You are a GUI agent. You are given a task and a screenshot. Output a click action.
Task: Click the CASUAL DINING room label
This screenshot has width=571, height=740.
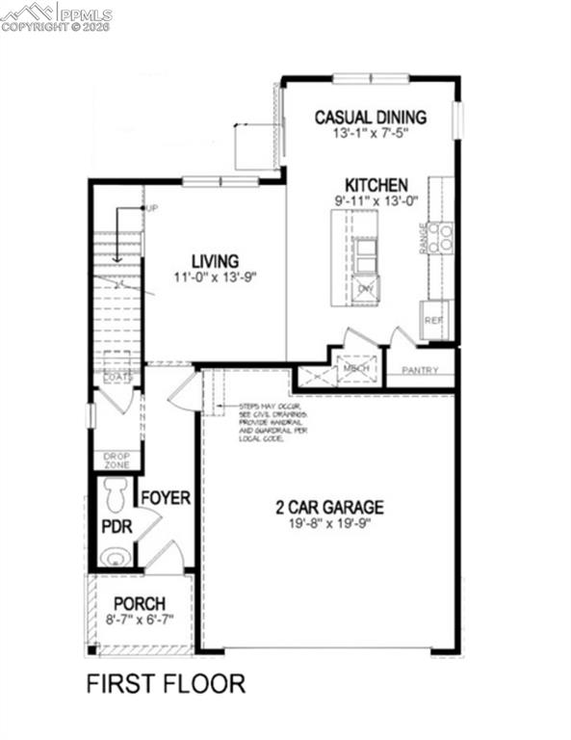pyautogui.click(x=370, y=118)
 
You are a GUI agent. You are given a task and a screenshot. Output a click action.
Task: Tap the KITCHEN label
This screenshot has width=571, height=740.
pyautogui.click(x=376, y=185)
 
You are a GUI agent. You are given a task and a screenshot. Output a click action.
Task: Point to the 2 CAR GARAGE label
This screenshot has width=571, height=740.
pyautogui.click(x=330, y=507)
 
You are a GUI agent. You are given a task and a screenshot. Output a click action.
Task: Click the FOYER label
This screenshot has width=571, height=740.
pyautogui.click(x=166, y=498)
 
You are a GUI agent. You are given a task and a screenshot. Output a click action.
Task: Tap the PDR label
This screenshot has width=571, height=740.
pyautogui.click(x=116, y=527)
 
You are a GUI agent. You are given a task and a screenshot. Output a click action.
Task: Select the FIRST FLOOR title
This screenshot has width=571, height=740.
pyautogui.click(x=166, y=684)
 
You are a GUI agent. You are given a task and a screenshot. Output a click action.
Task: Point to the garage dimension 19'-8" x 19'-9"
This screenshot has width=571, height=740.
pyautogui.click(x=330, y=524)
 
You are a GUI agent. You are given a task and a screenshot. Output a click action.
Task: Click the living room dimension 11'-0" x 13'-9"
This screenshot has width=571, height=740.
pyautogui.click(x=215, y=277)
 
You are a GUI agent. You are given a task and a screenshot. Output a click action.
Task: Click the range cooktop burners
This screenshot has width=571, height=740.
pyautogui.click(x=441, y=236)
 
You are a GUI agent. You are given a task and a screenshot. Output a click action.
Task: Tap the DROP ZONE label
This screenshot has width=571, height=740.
pyautogui.click(x=117, y=460)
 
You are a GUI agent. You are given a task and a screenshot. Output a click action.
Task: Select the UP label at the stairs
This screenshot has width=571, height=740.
pyautogui.click(x=152, y=209)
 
